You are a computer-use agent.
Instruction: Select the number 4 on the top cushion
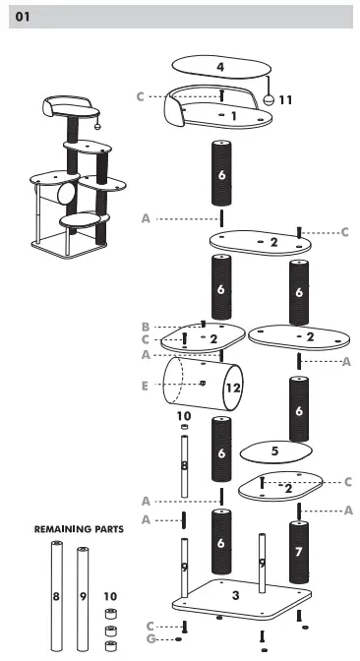220,67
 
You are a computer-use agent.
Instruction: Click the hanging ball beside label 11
267,100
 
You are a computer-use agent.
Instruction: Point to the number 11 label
285,100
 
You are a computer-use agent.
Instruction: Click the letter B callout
145,327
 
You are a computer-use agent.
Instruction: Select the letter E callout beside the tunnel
145,386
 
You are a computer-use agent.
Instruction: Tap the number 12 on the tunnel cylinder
232,389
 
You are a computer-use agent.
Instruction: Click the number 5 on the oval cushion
275,451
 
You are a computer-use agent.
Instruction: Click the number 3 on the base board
234,595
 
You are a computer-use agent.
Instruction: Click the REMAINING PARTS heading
79,528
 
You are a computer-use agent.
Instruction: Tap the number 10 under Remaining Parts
109,596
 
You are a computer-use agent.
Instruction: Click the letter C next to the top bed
141,95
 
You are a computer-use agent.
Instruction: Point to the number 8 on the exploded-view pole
183,463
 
